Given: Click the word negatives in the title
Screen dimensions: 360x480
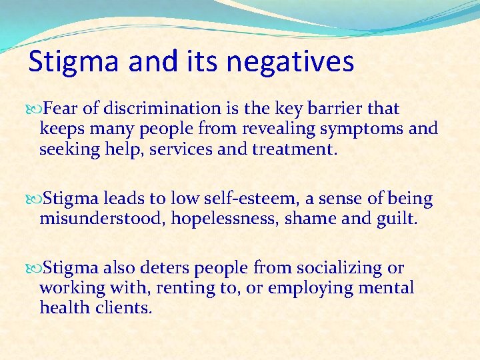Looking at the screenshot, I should click(290, 63).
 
